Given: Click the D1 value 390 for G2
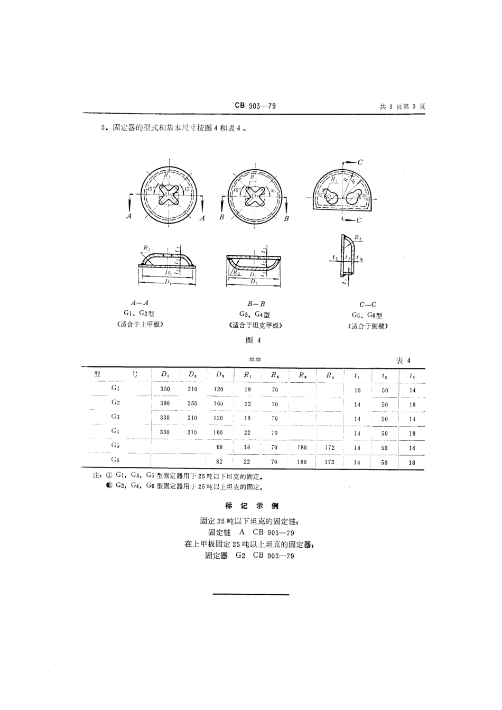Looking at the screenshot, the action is (165, 403).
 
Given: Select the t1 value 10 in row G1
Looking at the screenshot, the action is (357, 390).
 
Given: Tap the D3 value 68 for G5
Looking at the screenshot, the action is (219, 447).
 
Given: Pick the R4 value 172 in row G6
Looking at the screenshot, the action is (330, 462).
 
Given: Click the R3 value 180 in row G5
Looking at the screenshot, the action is (302, 447).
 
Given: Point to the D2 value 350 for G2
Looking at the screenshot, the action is (192, 403).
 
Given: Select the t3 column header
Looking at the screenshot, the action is (412, 376).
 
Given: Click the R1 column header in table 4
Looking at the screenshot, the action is (247, 375).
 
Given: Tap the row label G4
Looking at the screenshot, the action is (115, 431).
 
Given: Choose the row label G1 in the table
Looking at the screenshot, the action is (115, 388).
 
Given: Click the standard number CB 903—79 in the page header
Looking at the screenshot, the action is (255, 106).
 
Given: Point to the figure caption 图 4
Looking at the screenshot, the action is (255, 340).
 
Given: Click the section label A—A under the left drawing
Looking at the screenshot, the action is (139, 303).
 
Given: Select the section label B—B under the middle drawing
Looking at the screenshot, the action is (256, 304).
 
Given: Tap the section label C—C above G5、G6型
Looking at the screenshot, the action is (368, 305).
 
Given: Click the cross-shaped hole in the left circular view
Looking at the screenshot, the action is (168, 195).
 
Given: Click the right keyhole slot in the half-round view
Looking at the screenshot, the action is (354, 197).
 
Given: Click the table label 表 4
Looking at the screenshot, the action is (403, 361).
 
